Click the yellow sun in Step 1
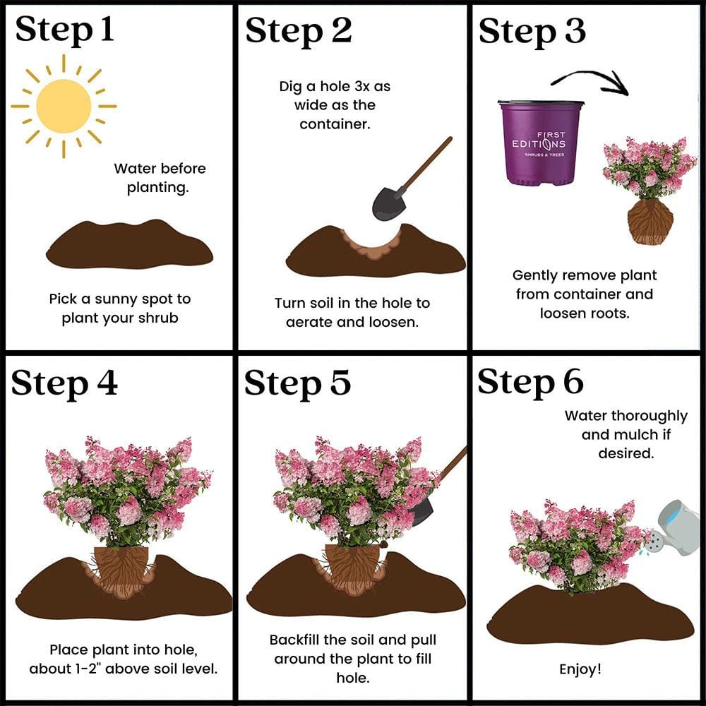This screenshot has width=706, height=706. [64, 106]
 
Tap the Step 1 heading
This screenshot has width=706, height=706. [65, 30]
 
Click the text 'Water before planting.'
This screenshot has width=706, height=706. [160, 178]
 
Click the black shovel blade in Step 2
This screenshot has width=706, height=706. [388, 203]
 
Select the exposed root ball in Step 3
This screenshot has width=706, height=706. [650, 221]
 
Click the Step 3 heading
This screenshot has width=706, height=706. [532, 30]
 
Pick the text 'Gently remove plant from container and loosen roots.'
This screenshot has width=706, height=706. [585, 294]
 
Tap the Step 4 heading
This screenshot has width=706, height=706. [65, 383]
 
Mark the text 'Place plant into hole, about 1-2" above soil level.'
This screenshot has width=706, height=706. [124, 658]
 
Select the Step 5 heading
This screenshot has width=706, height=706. [297, 383]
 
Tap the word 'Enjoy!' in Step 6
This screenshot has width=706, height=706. [580, 669]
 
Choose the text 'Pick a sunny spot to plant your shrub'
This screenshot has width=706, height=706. [120, 309]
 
